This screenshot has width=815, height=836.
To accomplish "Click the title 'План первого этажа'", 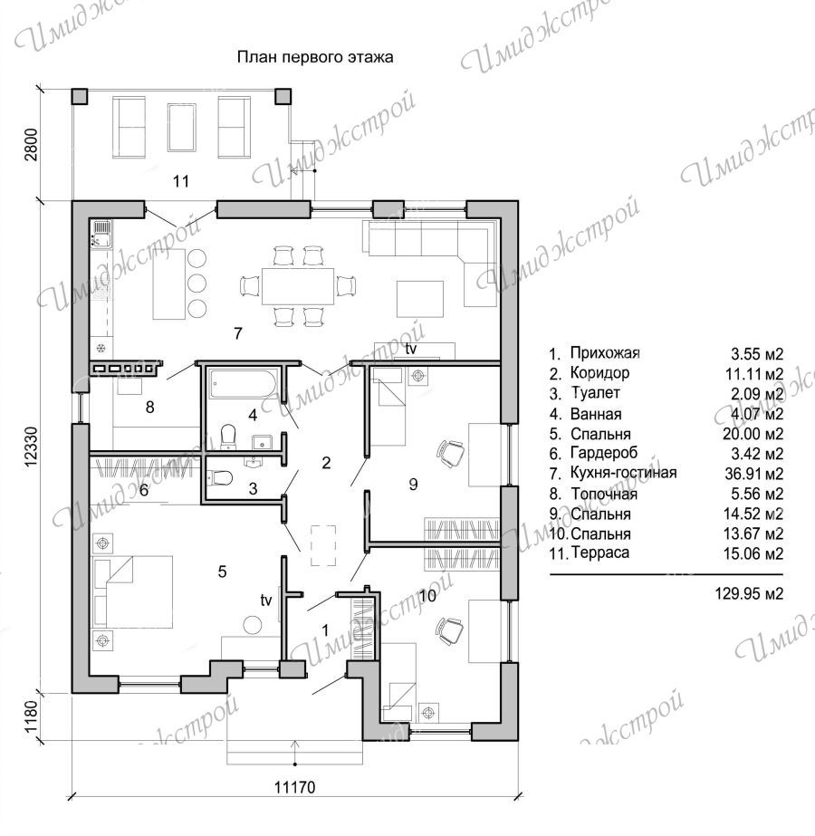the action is [315, 57].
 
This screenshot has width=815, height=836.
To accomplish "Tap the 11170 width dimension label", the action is [295, 787].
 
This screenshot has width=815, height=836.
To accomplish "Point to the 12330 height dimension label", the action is [32, 447].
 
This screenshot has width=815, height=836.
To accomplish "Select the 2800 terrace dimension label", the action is [32, 144].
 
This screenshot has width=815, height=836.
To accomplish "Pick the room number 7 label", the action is [238, 333].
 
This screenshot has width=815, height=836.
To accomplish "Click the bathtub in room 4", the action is [243, 384].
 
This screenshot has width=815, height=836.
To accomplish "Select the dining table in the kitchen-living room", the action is [297, 286].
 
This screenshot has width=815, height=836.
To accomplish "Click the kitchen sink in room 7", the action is [101, 235].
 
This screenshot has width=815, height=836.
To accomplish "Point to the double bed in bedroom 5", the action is [133, 591].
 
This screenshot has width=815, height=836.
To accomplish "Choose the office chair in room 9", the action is [451, 452].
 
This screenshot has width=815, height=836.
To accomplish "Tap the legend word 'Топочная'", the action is [604, 494].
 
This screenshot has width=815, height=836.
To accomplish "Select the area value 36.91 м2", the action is [753, 473].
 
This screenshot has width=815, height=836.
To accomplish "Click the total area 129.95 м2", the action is [749, 593].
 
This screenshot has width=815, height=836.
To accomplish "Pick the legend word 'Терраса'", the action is [600, 553].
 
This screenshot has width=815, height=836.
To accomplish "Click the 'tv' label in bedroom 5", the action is [266, 601].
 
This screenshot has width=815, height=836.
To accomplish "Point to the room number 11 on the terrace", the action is [181, 181].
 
